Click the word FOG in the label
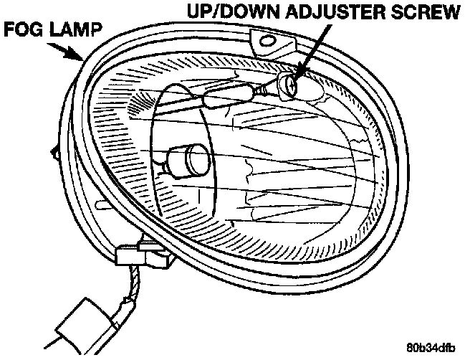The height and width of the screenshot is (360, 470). [21, 32]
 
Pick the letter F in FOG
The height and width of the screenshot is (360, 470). [10, 32]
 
